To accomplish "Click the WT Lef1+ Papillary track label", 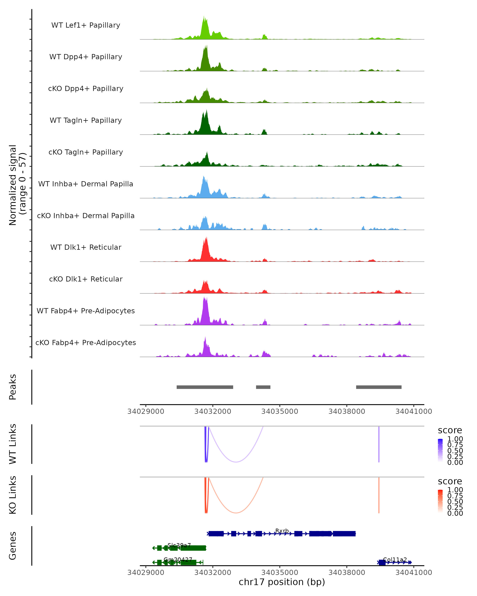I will (86, 25).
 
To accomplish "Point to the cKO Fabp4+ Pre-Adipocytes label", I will (86, 343).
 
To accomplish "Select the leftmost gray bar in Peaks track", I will (205, 387).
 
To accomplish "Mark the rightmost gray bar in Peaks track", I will (379, 387).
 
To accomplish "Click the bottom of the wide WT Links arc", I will (236, 462).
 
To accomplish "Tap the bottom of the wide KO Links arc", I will (236, 513).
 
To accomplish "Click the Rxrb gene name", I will (282, 531).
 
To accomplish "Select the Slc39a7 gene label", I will (179, 545).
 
